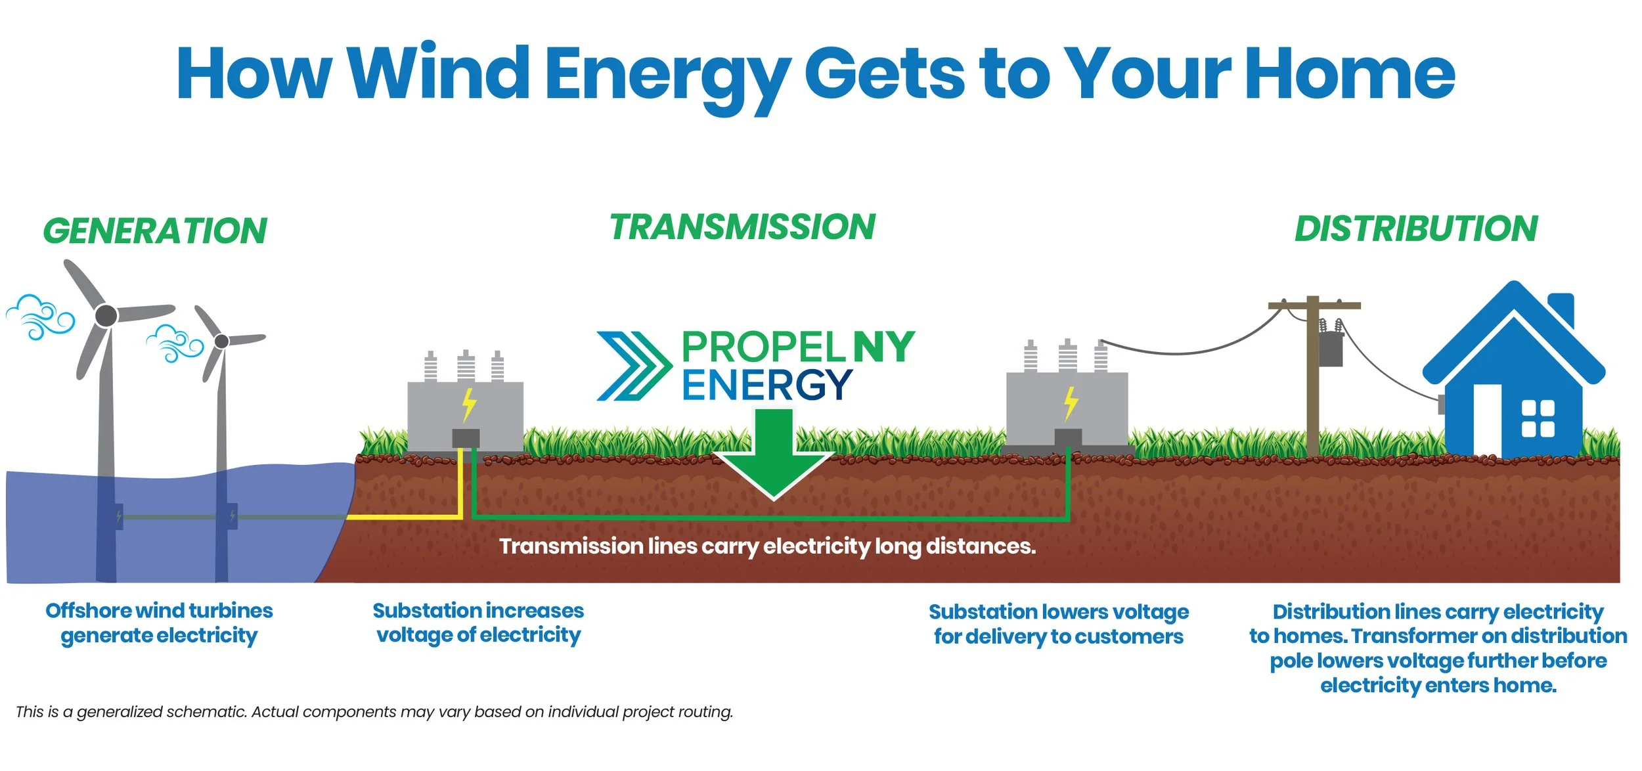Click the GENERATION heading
coord(155,231)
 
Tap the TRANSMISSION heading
coord(742,227)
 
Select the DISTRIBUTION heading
coord(1416,229)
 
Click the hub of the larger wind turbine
coord(106,316)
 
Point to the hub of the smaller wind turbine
coord(222,341)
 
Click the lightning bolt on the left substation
coord(469,404)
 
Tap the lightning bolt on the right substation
coord(1071,402)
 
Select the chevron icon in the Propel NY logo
coord(632,366)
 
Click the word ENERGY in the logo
coord(766,385)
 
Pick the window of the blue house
coord(1538,418)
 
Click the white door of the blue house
coord(1488,420)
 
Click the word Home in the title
coord(1350,74)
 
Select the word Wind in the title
coord(439,74)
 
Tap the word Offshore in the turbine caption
coord(88,611)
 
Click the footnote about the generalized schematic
coord(374,712)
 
